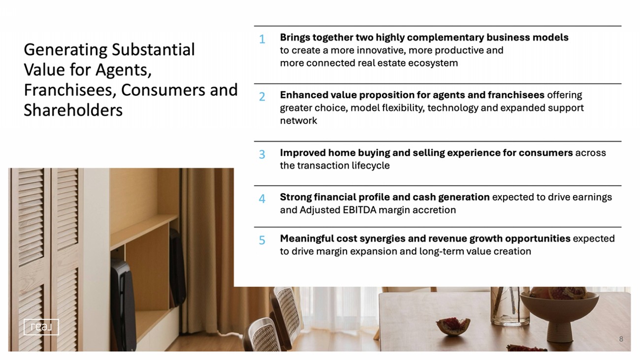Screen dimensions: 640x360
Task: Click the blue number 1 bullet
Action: pyautogui.click(x=262, y=39)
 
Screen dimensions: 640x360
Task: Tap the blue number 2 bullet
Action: pyautogui.click(x=262, y=97)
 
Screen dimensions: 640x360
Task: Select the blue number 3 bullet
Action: pyautogui.click(x=262, y=154)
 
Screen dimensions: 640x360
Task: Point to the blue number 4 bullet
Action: pyautogui.click(x=262, y=198)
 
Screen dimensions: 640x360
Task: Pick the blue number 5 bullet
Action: pyautogui.click(x=262, y=240)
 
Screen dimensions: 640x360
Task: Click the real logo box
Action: pyautogui.click(x=41, y=327)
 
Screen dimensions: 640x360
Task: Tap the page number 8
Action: pyautogui.click(x=621, y=339)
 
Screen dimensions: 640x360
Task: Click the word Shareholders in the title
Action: pyautogui.click(x=73, y=110)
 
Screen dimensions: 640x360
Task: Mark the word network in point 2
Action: pyautogui.click(x=298, y=121)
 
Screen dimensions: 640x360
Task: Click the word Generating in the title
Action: pyautogui.click(x=65, y=50)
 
